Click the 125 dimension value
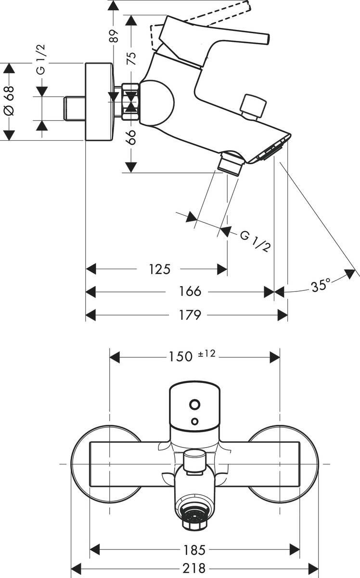pos(159,269)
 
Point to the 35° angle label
pos(321,286)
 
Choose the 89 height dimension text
pos(114,36)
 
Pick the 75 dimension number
pos(131,58)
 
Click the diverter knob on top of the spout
pos(254,106)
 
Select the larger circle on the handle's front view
pos(195,404)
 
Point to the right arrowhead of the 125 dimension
pos(222,269)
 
